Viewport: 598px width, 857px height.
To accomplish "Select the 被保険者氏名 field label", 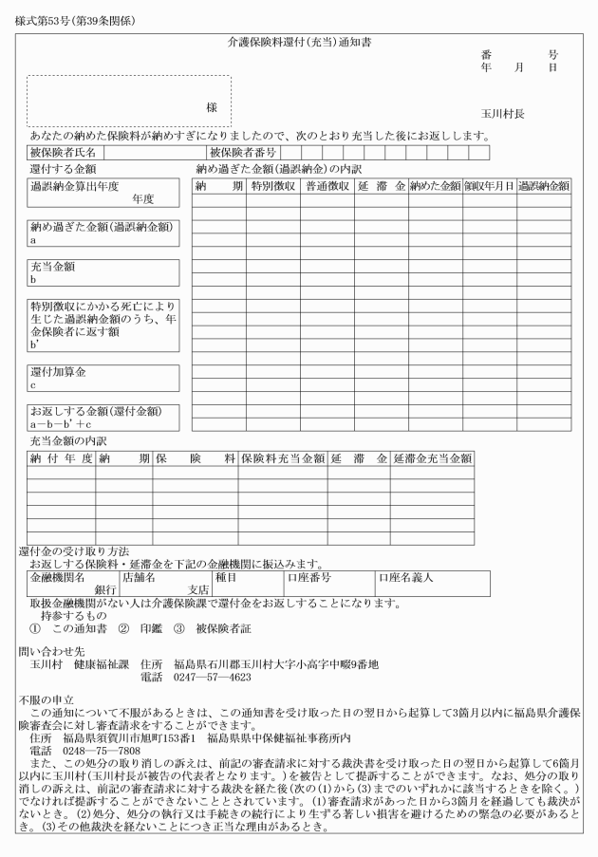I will [x=62, y=152].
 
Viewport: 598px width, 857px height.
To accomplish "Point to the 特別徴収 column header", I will [x=273, y=187].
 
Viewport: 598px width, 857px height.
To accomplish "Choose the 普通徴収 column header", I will [x=327, y=187].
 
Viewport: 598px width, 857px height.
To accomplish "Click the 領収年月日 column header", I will [x=489, y=187].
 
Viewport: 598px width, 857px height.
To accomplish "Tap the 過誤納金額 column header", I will [x=544, y=187].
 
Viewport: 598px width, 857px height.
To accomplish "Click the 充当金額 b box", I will [x=103, y=273].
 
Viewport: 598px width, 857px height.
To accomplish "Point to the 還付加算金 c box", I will [x=103, y=377].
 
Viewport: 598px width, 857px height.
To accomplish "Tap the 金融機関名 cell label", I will [x=59, y=577].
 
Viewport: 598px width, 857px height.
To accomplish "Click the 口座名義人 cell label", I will [x=406, y=577].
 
